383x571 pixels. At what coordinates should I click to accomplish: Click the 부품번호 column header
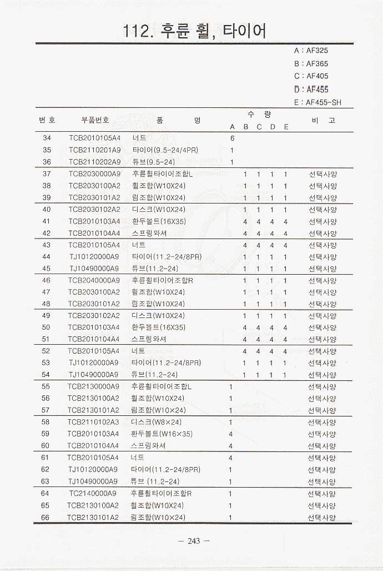tap(95, 120)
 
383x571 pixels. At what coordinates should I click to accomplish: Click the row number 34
tap(47, 138)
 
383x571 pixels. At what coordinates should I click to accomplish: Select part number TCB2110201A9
tap(94, 150)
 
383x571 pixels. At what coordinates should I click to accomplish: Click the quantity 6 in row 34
tap(232, 138)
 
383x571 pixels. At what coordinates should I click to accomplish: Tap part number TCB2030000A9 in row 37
tap(94, 174)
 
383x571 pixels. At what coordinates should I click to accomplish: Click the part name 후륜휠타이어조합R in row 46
tap(162, 280)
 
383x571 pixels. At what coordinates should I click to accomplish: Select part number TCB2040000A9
tap(94, 280)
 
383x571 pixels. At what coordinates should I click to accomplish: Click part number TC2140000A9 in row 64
tap(93, 493)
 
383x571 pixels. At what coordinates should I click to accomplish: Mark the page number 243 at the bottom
tap(194, 541)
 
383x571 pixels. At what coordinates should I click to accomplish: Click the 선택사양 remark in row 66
tap(322, 518)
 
